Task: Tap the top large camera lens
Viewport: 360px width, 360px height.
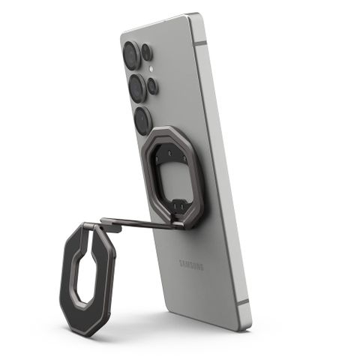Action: point(132,55)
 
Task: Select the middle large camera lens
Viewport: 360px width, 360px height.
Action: point(136,88)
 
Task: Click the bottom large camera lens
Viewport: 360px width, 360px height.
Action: point(142,119)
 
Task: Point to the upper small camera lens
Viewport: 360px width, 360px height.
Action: point(147,52)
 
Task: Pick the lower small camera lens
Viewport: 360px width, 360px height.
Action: point(152,85)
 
